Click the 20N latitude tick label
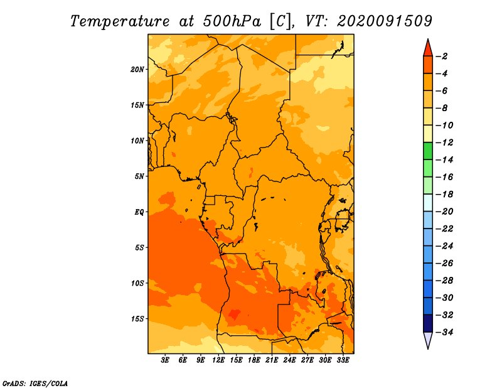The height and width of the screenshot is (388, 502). pos(137,70)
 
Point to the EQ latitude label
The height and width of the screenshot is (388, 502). pos(139,212)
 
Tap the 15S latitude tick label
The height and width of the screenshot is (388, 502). pos(137,319)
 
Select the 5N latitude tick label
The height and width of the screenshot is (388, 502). pos(139,176)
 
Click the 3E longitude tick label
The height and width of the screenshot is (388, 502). pos(165,360)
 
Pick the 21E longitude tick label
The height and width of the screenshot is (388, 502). pos(272,360)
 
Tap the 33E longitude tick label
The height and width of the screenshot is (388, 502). pos(343,360)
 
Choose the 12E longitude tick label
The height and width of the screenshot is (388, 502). pos(218,360)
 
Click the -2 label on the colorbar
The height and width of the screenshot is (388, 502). pos(442,57)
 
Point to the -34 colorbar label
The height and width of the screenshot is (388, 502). pos(444,332)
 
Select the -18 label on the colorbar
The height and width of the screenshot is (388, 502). pos(444,194)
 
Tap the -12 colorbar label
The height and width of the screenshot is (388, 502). pos(444,143)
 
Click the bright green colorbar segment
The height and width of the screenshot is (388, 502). pos(428,151)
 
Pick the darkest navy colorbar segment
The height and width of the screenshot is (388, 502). pos(428,323)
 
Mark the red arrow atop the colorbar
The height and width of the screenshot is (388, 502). pos(428,48)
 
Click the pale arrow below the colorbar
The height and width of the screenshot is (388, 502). pos(428,340)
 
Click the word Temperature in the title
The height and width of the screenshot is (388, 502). pos(120,21)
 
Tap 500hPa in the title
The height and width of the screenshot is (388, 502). pos(232,21)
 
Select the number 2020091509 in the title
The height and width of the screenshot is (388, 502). pos(385,21)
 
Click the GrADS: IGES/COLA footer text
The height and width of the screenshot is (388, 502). pos(35,383)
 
